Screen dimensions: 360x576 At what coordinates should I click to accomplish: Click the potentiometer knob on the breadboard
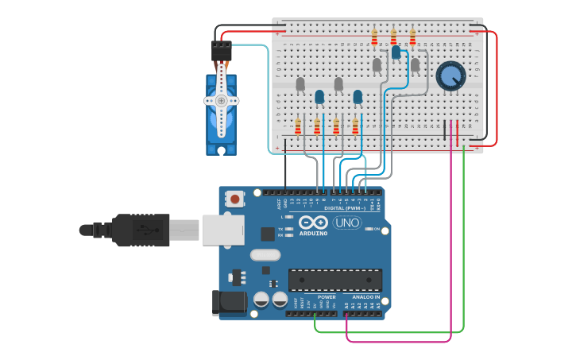point(450,76)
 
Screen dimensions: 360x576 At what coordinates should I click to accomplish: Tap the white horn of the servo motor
point(221,101)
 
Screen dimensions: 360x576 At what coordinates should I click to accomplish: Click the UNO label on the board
point(346,223)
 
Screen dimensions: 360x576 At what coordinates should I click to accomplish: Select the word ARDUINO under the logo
point(314,234)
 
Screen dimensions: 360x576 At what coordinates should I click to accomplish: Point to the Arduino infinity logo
point(313,223)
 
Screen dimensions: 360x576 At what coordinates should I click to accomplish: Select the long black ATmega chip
point(334,280)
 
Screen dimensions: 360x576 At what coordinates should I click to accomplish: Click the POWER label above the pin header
point(327,297)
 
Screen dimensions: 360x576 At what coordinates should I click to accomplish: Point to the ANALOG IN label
point(366,297)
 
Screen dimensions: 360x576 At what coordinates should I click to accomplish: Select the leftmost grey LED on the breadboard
point(300,83)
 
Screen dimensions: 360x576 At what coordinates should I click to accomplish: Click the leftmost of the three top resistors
point(374,37)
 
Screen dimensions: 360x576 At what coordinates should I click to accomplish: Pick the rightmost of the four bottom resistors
point(355,126)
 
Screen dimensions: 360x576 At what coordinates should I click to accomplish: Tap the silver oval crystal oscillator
point(265,255)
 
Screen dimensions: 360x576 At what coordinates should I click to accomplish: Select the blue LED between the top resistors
point(396,52)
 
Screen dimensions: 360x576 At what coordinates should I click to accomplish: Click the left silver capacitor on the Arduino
point(261,300)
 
